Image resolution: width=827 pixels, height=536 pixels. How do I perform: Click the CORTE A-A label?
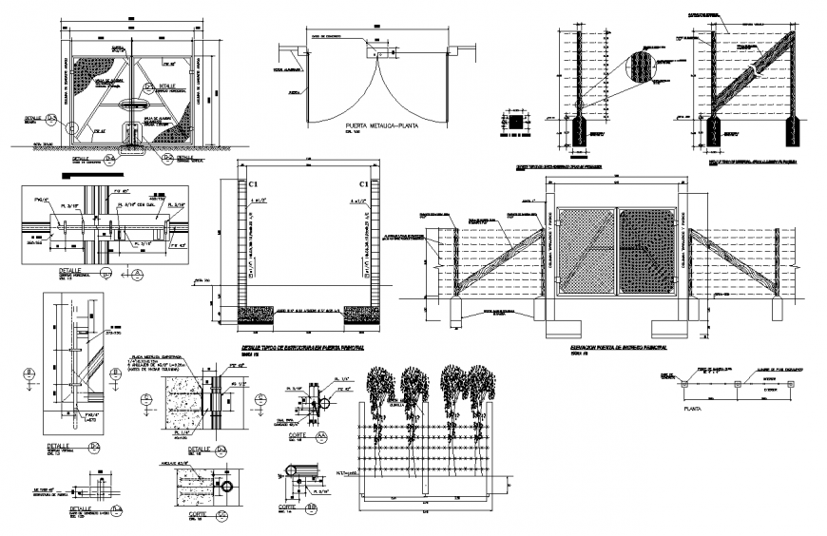(303, 437)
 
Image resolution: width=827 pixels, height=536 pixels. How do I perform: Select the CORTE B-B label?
(303, 508)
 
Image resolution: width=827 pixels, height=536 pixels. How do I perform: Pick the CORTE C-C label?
(204, 513)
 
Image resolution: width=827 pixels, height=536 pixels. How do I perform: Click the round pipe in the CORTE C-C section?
(226, 487)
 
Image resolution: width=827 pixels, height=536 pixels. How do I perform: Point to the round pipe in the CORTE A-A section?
(323, 402)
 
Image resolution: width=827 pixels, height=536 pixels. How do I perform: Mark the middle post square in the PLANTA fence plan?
(740, 385)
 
